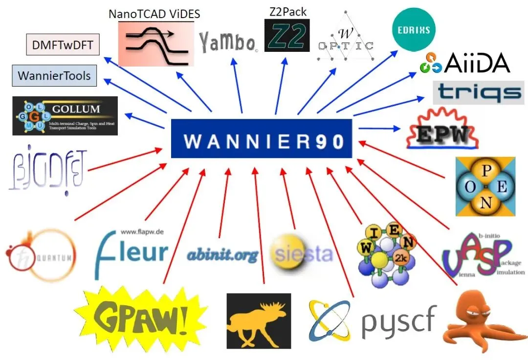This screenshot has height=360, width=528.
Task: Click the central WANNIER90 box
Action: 262,138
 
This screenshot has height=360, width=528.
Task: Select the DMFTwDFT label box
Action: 62,46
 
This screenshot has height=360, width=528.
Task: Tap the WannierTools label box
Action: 54,76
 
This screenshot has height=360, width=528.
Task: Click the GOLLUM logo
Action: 65,115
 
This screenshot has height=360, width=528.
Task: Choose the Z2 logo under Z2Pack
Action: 287,36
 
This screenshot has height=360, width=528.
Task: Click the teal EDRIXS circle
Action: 414,29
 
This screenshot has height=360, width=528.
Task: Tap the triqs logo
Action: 478,92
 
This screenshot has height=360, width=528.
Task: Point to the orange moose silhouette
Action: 259,321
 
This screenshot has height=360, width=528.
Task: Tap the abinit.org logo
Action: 222,254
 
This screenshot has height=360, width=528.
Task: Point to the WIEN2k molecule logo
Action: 386,254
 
